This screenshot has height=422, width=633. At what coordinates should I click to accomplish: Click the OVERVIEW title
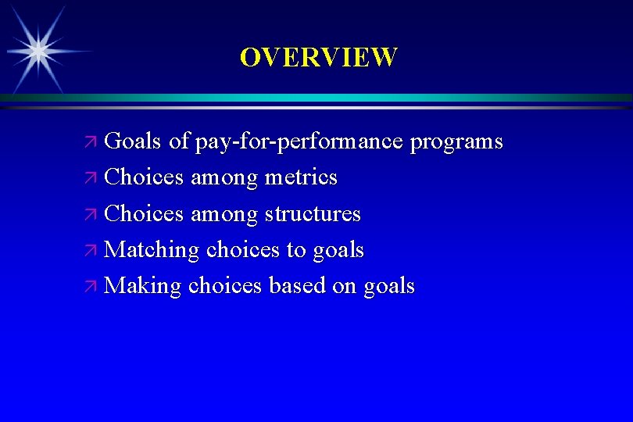click(318, 57)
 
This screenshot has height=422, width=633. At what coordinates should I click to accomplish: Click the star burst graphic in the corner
click(37, 49)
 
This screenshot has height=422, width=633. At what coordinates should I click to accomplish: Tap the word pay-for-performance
click(299, 142)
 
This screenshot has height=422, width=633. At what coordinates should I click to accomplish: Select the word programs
click(456, 142)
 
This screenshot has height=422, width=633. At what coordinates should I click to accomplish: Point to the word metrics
click(301, 178)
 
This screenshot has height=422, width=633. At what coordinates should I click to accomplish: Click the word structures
click(313, 214)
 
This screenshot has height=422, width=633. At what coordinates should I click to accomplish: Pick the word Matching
click(152, 250)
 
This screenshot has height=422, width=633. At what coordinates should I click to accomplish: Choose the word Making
click(143, 286)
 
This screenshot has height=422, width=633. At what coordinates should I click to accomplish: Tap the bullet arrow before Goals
click(91, 143)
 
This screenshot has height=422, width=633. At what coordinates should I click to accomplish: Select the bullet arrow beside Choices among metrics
click(91, 179)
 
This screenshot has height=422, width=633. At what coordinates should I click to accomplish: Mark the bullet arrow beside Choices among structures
click(91, 215)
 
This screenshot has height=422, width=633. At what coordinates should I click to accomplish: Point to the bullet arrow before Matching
click(91, 251)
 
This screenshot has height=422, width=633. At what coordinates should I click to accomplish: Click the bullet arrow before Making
click(91, 287)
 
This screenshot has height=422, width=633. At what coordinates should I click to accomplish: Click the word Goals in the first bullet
click(133, 142)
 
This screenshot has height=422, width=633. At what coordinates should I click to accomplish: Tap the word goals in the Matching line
click(338, 251)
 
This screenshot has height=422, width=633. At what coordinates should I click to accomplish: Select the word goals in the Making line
click(388, 287)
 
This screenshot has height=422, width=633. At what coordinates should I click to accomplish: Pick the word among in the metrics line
click(224, 178)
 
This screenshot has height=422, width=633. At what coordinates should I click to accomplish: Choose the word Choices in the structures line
click(144, 214)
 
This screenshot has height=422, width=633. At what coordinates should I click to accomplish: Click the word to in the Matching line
click(296, 251)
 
